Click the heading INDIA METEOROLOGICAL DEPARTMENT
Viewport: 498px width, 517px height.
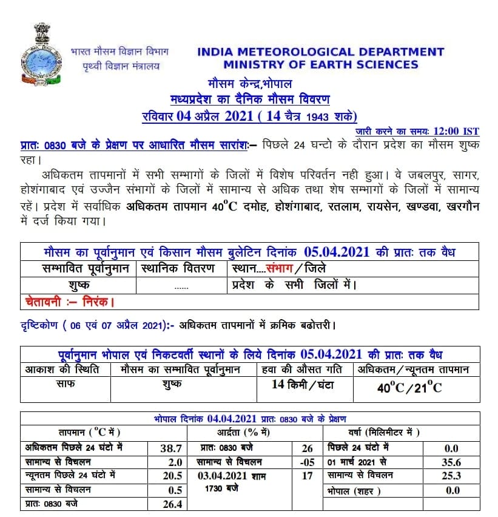[x=320, y=52]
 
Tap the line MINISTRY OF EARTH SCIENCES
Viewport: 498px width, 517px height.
[x=320, y=65]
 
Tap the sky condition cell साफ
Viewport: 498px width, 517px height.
[x=66, y=385]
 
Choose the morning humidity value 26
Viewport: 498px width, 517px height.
[x=307, y=448]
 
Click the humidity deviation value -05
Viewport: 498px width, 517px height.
[x=307, y=462]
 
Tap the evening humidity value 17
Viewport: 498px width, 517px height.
[x=307, y=476]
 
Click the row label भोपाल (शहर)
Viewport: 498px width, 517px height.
[x=351, y=490]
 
